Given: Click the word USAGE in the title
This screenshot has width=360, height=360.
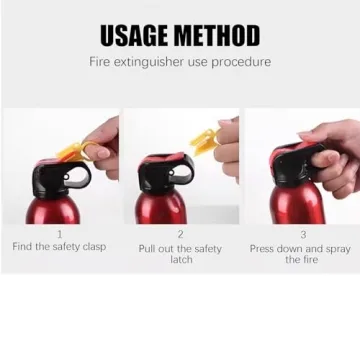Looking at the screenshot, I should (135, 37).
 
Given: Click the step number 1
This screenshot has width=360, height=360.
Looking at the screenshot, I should (59, 234).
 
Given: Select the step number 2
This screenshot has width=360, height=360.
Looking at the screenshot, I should (180, 235).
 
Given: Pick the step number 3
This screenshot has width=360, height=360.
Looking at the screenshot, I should (303, 235).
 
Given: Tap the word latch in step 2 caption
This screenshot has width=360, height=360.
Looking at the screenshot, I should (180, 259).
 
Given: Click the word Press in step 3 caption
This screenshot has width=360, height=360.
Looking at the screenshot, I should (263, 247).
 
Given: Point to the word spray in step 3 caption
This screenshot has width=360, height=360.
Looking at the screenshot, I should (335, 247).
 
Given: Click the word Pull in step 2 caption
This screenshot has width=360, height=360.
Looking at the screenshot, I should (147, 248).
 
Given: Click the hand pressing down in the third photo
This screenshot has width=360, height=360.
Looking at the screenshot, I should (335, 155).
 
